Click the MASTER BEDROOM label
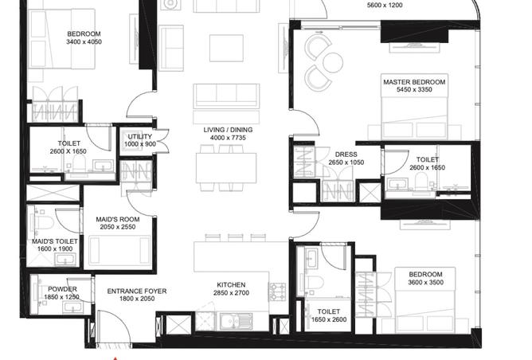[413, 82]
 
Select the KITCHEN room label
[231, 284]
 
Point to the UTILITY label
[139, 136]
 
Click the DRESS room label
[345, 154]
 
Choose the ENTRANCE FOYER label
[136, 292]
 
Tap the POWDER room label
[62, 289]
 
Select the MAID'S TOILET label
[54, 241]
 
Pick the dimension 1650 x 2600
[328, 320]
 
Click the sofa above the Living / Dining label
[226, 97]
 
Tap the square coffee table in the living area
[226, 48]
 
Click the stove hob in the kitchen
[277, 292]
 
